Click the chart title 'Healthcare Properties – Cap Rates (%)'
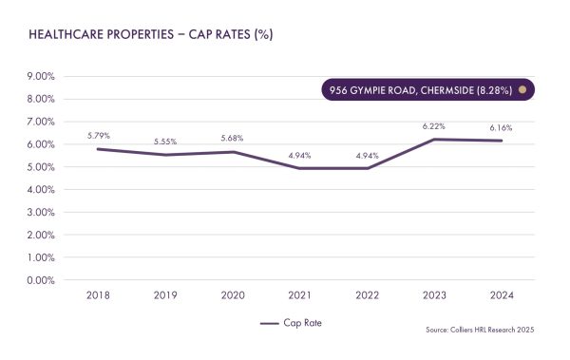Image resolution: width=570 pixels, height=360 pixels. [152, 34]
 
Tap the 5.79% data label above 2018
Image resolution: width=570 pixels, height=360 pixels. [99, 136]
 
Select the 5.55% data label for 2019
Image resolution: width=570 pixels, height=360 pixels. [165, 142]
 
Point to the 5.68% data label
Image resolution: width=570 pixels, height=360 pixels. [233, 138]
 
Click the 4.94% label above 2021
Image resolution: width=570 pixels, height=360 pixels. [300, 155]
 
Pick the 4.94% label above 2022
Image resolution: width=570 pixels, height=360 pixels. [367, 155]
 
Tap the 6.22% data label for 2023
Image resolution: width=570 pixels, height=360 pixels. [434, 125]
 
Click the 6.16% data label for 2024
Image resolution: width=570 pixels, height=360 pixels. [501, 127]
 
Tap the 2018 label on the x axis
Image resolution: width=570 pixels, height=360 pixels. [99, 295]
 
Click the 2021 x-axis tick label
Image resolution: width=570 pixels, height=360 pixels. [300, 295]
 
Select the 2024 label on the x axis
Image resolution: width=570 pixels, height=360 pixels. [501, 295]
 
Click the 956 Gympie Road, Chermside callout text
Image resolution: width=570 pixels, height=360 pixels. [420, 90]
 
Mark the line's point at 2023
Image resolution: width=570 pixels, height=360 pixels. [434, 140]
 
